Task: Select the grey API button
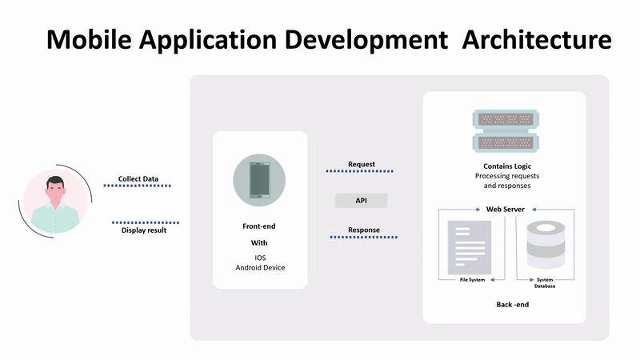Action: coord(361,201)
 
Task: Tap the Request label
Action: coord(362,165)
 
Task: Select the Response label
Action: coord(364,230)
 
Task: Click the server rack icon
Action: coord(502,132)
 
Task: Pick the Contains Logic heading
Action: coord(502,166)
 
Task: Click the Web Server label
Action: coord(506,210)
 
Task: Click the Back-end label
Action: coord(512,305)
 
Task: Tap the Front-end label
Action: coord(260,226)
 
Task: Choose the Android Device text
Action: coord(260,267)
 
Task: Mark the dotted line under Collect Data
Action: coord(137,186)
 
